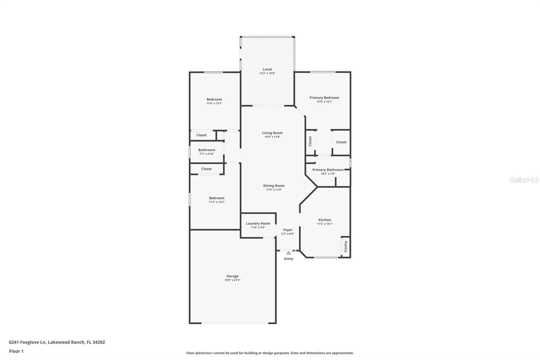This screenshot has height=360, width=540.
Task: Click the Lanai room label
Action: coord(267,69)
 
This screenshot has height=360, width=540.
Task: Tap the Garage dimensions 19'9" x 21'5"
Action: coord(233,280)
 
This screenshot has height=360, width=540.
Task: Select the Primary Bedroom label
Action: coord(324,98)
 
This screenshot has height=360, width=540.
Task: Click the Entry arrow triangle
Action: coord(288,253)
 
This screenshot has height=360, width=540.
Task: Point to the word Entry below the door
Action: coord(289,259)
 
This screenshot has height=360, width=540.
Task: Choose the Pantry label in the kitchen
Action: coord(346,247)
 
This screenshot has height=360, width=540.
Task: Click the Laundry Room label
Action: coord(258,223)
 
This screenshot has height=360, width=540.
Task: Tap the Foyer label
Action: coord(288,230)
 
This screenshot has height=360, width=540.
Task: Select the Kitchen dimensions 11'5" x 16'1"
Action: coord(325,224)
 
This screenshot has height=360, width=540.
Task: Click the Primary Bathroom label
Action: coord(328,170)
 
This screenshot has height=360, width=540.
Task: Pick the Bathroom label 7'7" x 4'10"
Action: coord(207,150)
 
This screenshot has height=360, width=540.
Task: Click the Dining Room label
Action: coord(274,186)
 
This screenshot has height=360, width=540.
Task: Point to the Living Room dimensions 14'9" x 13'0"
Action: coord(272,137)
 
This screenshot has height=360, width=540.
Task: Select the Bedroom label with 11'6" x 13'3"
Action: coord(214,99)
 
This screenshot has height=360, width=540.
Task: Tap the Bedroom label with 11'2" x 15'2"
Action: coord(216,198)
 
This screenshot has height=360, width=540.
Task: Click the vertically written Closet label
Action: coord(310,141)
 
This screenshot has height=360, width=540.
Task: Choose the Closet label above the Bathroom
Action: coord(201,135)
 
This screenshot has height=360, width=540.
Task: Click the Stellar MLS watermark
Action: coord(524,180)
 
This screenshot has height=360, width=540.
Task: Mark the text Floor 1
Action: coord(16,351)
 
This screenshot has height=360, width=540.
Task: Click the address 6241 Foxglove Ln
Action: coord(27,342)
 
